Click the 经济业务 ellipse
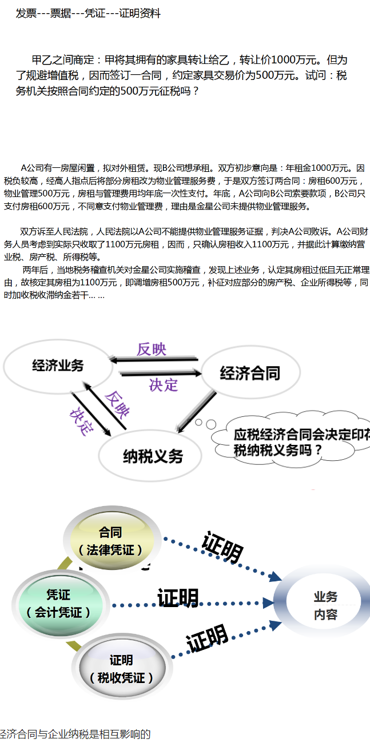tap(58, 366)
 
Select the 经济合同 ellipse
tap(250, 374)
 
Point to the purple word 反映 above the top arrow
tap(152, 349)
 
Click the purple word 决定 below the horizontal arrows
tap(164, 385)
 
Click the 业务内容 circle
tap(325, 605)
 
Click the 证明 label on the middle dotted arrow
tap(178, 598)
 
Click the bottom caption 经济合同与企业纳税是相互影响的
tap(75, 734)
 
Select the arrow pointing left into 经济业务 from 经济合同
tap(154, 360)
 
